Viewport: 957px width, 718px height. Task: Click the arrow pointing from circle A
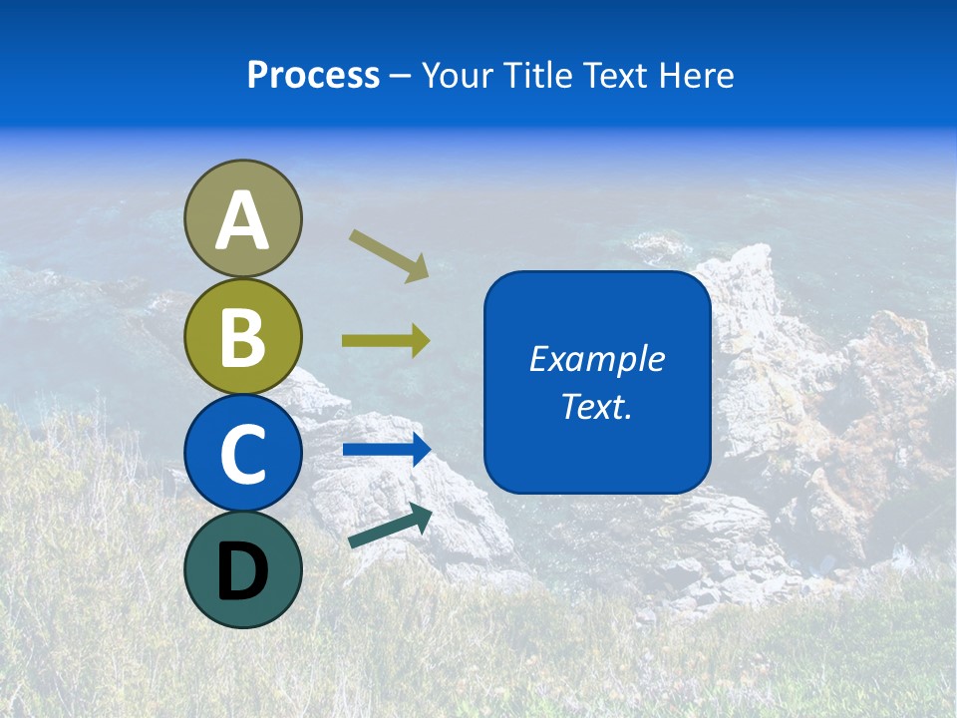coord(389,255)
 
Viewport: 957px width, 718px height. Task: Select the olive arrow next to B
coord(386,341)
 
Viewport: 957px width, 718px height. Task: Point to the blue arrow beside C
coord(387,450)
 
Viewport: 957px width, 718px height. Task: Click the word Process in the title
coord(313,76)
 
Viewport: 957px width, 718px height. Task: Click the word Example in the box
coord(596,359)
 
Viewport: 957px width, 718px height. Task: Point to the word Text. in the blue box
coord(596,407)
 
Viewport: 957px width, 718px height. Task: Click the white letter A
coord(242,220)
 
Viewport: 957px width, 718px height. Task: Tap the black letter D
coord(242,571)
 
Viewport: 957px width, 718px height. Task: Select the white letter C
coord(242,454)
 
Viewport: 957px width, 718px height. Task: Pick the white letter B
coord(242,337)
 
